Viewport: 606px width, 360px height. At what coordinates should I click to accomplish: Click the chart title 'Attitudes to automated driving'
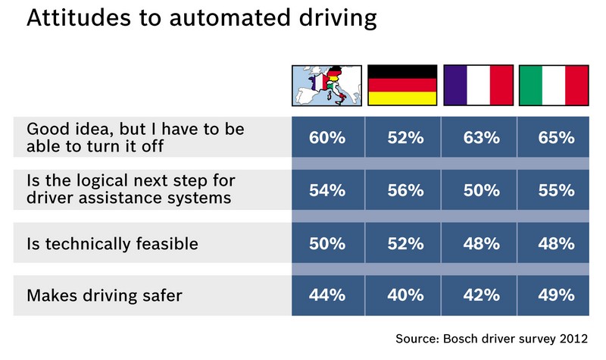pos(201,20)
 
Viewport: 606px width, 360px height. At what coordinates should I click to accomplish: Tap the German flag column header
pos(402,85)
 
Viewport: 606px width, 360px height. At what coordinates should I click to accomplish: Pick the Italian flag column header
pos(554,85)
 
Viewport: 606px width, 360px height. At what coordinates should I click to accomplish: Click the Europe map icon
pos(327,85)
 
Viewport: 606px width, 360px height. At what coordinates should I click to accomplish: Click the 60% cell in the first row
pos(327,138)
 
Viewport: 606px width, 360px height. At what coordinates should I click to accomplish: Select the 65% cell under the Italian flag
pos(554,138)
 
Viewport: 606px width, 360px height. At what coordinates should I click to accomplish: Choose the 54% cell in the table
pos(327,191)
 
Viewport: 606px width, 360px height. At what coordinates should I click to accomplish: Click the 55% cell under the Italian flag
pos(554,191)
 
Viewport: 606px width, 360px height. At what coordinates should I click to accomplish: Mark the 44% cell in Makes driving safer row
pos(327,296)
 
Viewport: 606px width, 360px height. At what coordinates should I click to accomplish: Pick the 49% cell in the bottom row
pos(554,296)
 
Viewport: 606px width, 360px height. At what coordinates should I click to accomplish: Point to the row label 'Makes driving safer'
pos(104,296)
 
